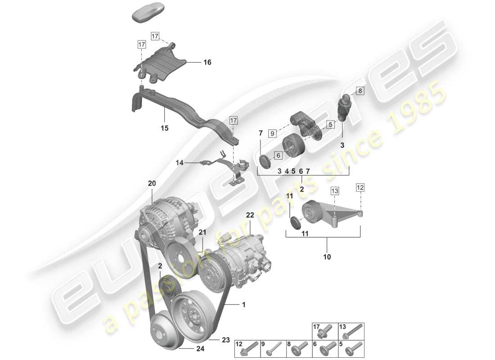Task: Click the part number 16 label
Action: pyautogui.click(x=207, y=63)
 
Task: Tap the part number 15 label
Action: pyautogui.click(x=164, y=128)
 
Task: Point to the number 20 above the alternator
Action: pyautogui.click(x=152, y=184)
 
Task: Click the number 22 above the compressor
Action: pyautogui.click(x=250, y=216)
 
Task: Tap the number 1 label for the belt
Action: pyautogui.click(x=243, y=305)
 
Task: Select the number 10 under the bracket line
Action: pyautogui.click(x=327, y=257)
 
